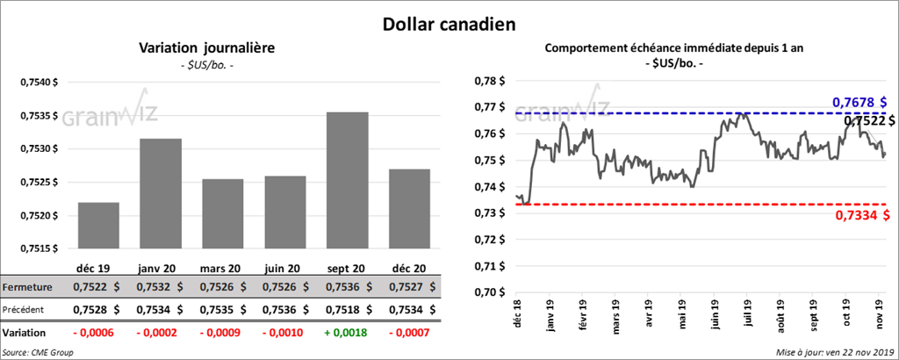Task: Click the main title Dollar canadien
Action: [x=449, y=21]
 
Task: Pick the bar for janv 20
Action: [x=161, y=193]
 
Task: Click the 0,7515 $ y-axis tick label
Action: [x=40, y=248]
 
